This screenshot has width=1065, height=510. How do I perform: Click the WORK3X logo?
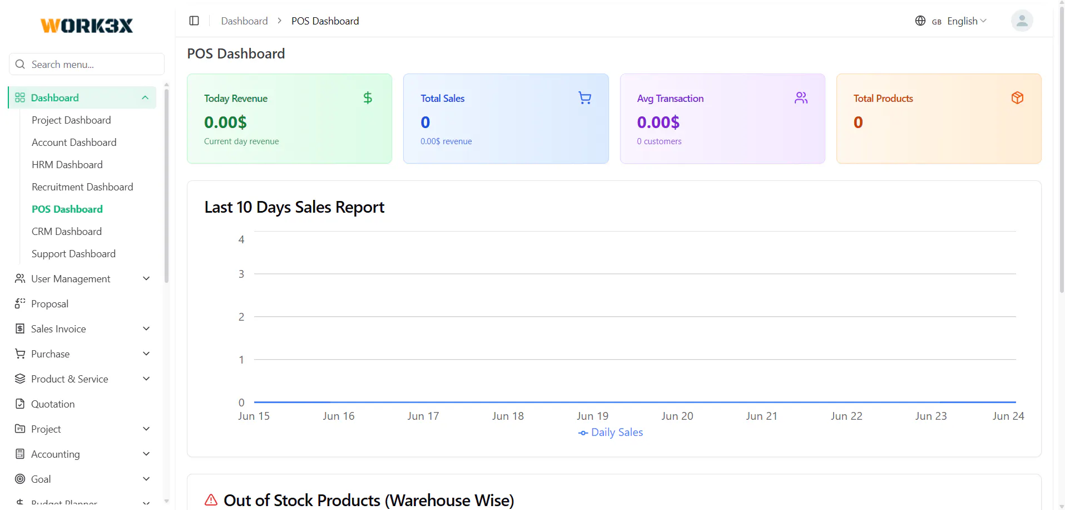tap(87, 26)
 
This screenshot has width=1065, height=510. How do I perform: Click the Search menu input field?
tap(87, 64)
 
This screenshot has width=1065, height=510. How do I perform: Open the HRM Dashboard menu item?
tap(67, 165)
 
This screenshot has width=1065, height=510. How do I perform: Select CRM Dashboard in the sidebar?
tap(67, 232)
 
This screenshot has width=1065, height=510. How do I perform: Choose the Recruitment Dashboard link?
tap(82, 187)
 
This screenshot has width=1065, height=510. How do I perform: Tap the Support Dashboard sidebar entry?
tap(73, 254)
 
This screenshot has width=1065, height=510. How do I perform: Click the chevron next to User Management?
tap(146, 278)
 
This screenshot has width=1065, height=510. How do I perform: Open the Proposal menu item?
tap(50, 304)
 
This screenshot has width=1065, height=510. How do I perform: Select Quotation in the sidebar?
tap(53, 404)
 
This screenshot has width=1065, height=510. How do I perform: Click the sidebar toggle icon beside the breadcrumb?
tap(194, 21)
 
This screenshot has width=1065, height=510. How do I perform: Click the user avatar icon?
tap(1022, 21)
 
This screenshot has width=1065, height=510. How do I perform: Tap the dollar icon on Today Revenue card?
tap(368, 98)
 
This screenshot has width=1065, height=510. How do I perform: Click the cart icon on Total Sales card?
tap(584, 98)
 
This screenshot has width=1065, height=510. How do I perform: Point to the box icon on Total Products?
tap(1017, 98)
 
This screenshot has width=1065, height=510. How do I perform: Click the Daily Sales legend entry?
tap(611, 433)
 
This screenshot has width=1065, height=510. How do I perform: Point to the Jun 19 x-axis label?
tap(592, 416)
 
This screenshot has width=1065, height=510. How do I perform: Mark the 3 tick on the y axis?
tap(241, 274)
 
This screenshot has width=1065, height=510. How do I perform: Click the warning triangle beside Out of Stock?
tap(211, 499)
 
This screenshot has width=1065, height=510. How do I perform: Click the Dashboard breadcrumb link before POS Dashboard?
tap(244, 21)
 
